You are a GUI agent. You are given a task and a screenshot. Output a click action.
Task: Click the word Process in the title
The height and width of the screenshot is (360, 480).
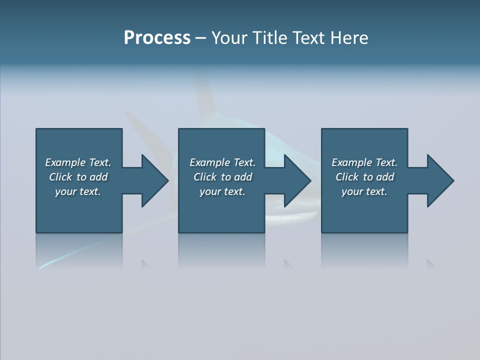(x=157, y=38)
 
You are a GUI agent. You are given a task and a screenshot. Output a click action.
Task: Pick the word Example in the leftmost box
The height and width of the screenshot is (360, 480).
(x=65, y=162)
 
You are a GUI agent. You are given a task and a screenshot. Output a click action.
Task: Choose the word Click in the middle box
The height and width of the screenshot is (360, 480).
(x=204, y=177)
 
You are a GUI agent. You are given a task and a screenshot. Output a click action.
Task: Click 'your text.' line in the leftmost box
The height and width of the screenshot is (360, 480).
(x=78, y=191)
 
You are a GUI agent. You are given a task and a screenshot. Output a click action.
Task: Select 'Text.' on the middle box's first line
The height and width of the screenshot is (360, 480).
(x=244, y=162)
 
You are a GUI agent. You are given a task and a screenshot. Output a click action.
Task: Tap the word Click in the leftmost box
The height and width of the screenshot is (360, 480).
(x=60, y=177)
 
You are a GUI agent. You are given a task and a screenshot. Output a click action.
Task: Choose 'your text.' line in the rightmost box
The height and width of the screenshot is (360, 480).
(x=364, y=191)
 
